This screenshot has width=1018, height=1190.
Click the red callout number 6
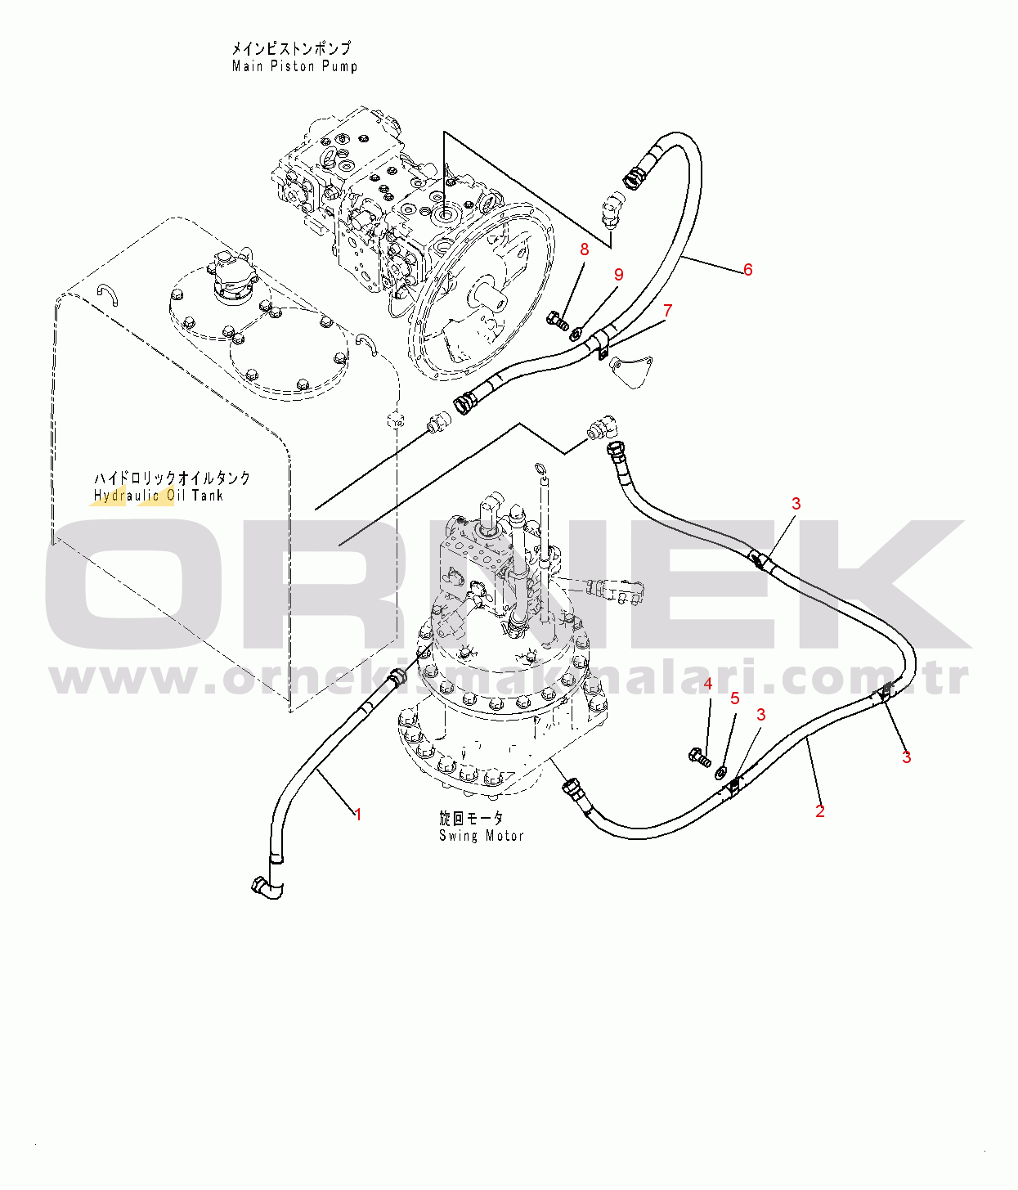click(747, 269)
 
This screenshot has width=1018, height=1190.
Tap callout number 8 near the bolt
click(585, 249)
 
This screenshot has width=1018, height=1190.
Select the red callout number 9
click(619, 275)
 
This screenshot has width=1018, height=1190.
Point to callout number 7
click(667, 311)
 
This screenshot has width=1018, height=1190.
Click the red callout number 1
click(358, 815)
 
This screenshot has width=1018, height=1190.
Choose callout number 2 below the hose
click(820, 811)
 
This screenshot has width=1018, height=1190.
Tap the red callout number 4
click(708, 684)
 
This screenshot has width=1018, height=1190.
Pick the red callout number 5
click(735, 698)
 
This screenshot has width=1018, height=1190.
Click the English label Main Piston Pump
click(294, 66)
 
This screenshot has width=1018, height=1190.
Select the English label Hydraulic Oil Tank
click(159, 495)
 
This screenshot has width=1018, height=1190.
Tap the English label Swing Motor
click(482, 835)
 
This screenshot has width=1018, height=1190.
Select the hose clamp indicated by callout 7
click(600, 343)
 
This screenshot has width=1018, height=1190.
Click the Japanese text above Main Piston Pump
click(290, 47)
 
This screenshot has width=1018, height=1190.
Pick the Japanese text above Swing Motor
click(471, 818)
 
